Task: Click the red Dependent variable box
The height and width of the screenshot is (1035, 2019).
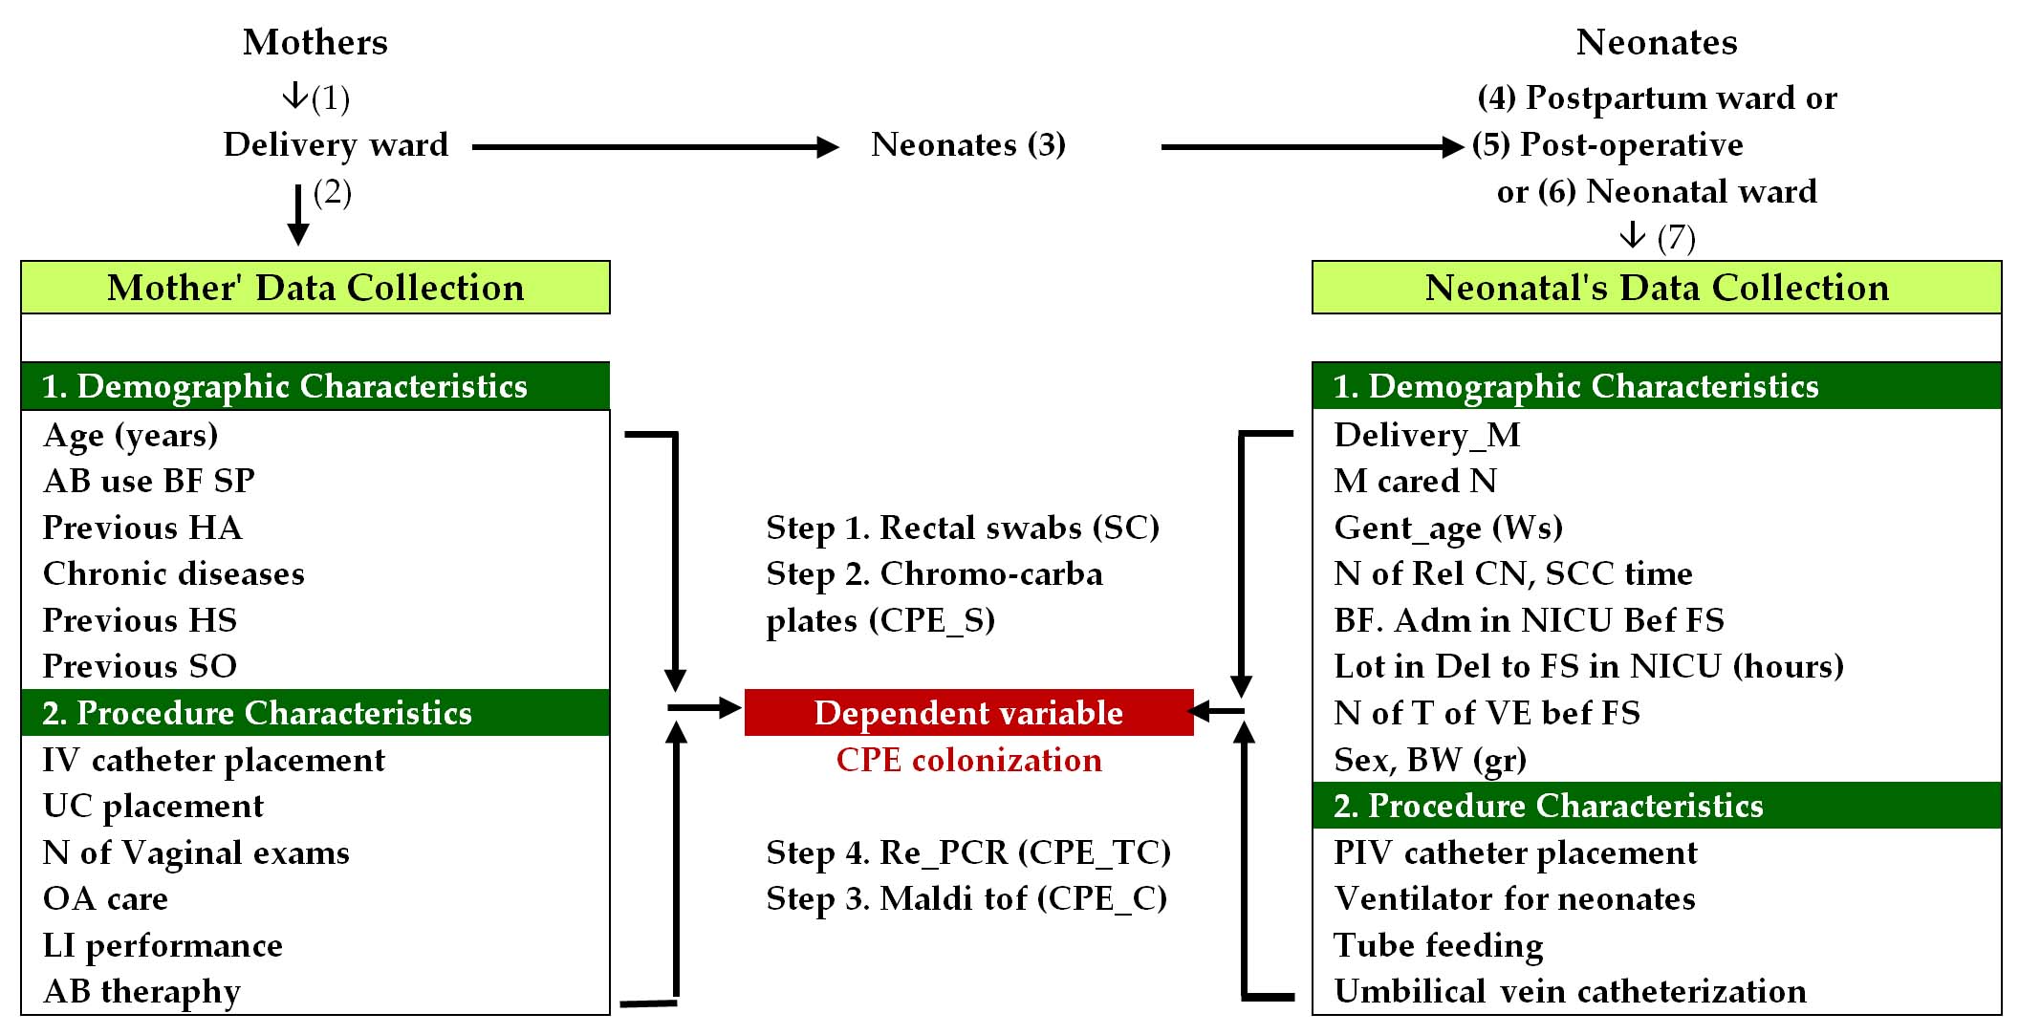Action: click(967, 713)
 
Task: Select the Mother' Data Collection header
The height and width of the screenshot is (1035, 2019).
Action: click(315, 288)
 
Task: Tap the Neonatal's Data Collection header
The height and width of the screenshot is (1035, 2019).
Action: click(1656, 288)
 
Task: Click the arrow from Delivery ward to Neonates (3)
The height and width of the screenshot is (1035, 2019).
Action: click(655, 147)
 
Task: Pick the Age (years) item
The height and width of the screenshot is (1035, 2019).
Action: click(131, 436)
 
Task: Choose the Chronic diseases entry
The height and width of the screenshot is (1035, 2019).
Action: click(174, 573)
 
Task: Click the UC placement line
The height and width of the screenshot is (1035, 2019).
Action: click(153, 806)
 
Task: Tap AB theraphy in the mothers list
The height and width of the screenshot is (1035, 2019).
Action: click(141, 992)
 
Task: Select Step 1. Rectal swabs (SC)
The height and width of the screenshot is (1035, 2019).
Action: click(963, 528)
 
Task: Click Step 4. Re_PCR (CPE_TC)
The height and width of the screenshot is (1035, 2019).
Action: click(968, 852)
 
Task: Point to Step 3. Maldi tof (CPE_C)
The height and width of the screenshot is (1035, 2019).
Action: click(966, 898)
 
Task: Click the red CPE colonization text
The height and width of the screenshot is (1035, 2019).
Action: click(968, 760)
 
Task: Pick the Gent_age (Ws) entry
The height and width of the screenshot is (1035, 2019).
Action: click(1448, 528)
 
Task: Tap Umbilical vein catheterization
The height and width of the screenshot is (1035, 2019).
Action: click(1570, 992)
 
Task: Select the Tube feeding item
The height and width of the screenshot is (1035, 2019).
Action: click(1439, 945)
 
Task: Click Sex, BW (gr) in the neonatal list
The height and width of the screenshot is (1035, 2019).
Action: click(1430, 760)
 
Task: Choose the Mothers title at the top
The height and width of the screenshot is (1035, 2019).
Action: click(315, 42)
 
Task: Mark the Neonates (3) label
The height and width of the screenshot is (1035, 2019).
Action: click(968, 145)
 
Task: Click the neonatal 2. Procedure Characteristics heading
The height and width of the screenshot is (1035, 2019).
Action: click(1549, 806)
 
